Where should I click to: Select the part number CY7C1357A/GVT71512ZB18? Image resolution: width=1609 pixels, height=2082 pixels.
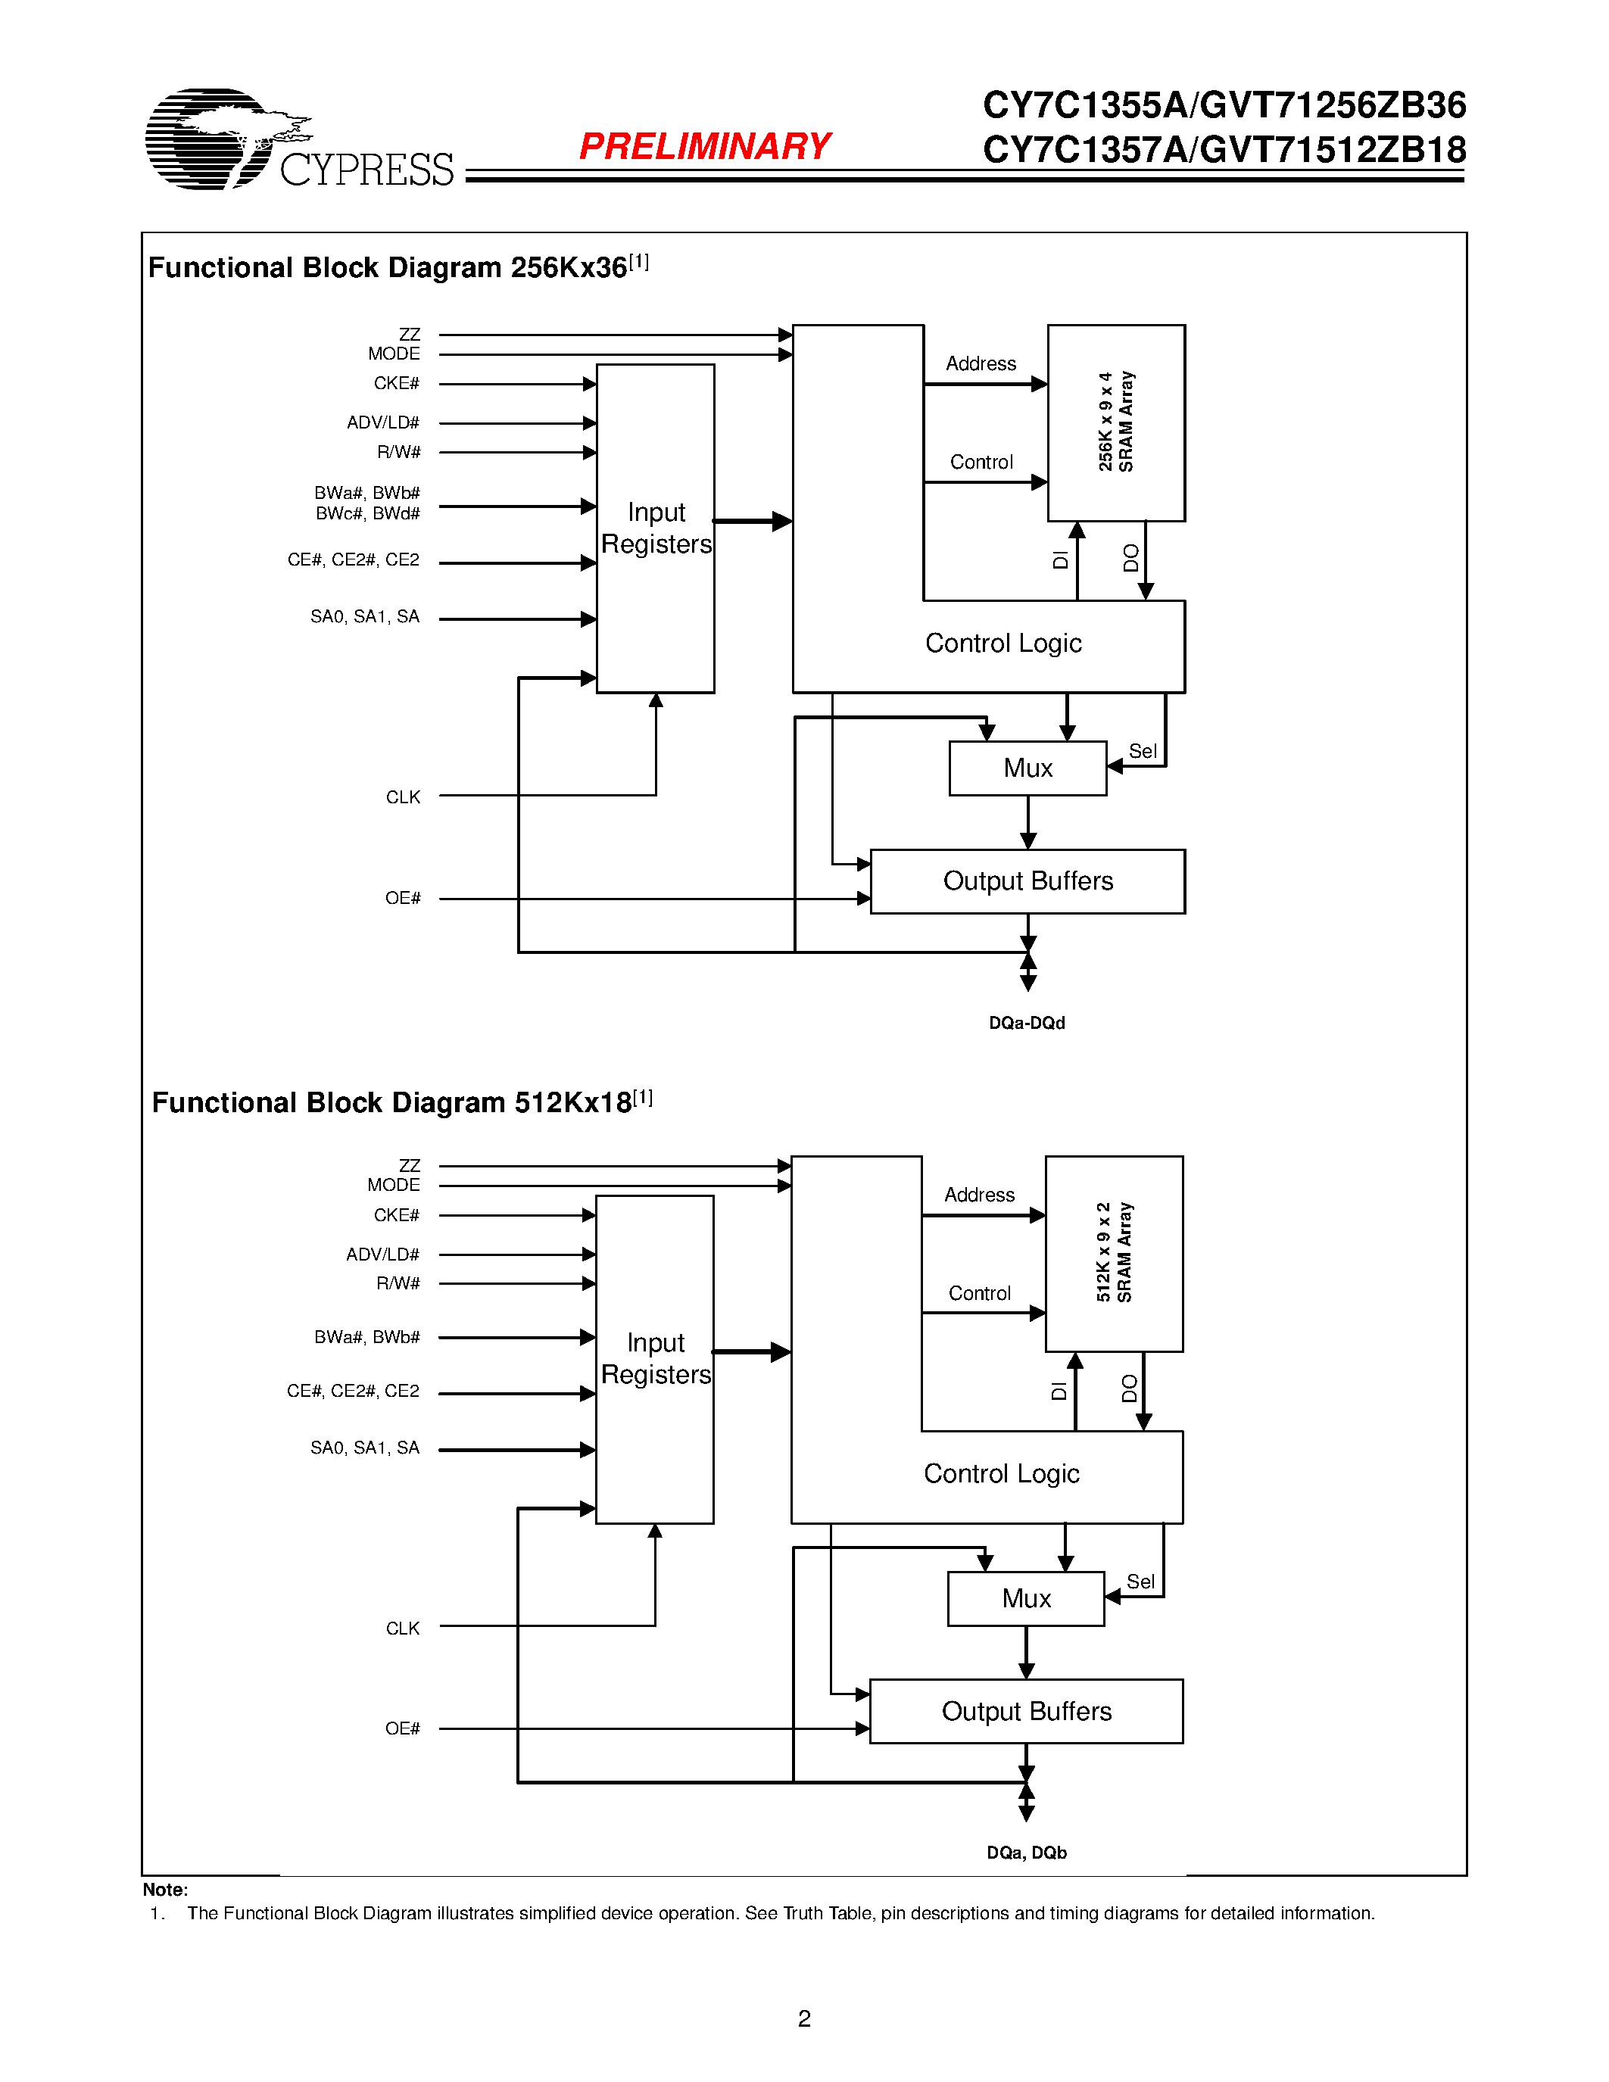click(1224, 150)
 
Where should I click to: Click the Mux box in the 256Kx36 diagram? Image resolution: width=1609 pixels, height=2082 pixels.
click(1027, 768)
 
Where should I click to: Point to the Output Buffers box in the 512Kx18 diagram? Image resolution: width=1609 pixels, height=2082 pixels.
click(1026, 1711)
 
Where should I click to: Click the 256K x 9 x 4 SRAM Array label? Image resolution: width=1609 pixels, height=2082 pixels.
click(1115, 422)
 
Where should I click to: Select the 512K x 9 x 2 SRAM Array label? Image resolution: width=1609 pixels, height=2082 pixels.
click(1113, 1253)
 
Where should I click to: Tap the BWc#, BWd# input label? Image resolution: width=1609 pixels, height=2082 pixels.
click(367, 514)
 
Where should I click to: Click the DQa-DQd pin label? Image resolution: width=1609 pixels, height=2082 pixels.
click(1027, 1023)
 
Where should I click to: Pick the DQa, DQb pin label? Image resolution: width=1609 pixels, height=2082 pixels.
click(1027, 1853)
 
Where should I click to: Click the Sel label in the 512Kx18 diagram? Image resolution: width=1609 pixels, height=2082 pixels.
click(1140, 1582)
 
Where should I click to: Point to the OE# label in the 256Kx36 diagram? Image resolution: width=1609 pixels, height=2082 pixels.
click(402, 898)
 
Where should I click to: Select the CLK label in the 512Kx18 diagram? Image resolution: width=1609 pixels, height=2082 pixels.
click(402, 1629)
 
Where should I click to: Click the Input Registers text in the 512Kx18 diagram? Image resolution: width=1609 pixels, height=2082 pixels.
click(656, 1358)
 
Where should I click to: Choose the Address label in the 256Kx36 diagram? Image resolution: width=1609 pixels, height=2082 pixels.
click(980, 364)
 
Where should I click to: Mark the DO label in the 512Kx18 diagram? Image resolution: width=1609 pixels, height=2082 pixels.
click(1130, 1388)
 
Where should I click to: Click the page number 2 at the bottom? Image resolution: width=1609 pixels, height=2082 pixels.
click(803, 2018)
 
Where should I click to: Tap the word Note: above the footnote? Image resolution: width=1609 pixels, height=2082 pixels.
click(165, 1890)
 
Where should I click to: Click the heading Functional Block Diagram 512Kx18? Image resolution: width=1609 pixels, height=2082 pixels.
click(391, 1103)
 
